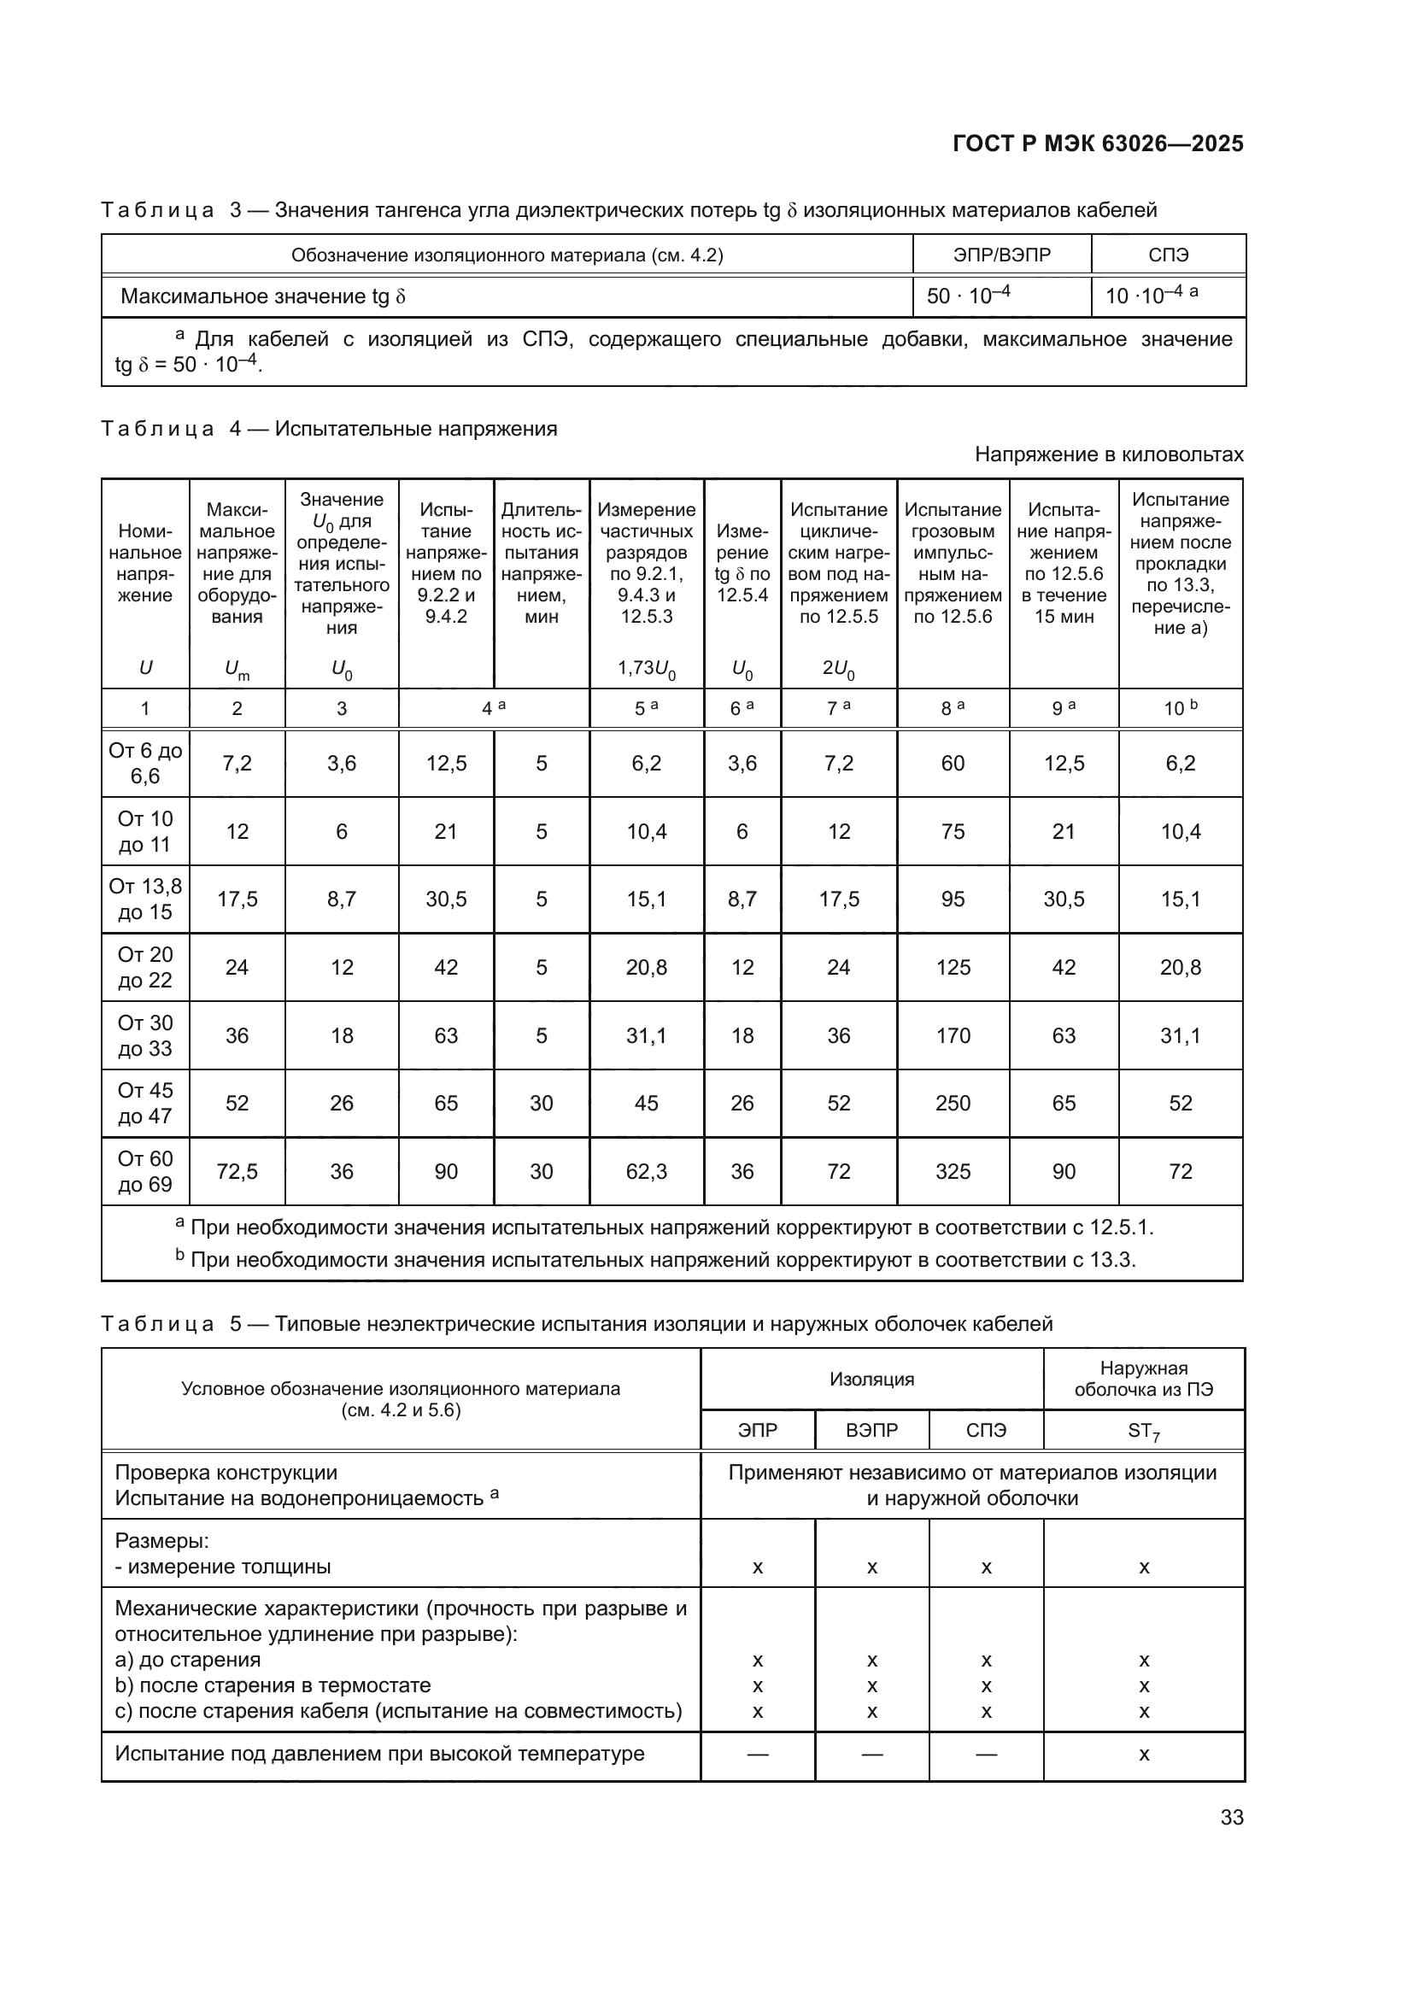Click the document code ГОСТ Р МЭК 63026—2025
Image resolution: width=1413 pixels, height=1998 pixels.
click(1098, 144)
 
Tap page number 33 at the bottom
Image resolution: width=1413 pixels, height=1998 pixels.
click(1231, 1817)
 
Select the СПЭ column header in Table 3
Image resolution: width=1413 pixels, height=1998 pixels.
click(1168, 255)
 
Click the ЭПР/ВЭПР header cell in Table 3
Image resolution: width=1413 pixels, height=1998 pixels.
click(1001, 255)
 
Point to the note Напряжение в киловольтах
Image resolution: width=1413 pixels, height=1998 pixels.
click(1109, 454)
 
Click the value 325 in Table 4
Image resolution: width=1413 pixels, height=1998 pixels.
click(953, 1171)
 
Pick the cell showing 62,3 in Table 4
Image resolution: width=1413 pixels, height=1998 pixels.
click(647, 1171)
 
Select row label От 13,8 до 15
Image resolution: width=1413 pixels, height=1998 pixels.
click(145, 899)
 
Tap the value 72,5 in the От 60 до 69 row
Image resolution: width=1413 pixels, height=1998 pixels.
click(237, 1171)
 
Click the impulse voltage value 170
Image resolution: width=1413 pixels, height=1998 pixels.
click(953, 1035)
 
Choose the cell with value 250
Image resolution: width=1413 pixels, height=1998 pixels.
click(953, 1104)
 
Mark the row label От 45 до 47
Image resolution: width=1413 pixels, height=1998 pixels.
click(145, 1104)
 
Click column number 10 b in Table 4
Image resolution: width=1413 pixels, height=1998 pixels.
click(1180, 708)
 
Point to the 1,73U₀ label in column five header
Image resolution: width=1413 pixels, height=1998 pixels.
click(647, 668)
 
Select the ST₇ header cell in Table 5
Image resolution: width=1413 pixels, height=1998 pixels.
click(1143, 1431)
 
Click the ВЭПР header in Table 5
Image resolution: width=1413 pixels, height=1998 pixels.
click(872, 1430)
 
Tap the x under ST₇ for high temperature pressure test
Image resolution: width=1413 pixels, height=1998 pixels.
click(1143, 1755)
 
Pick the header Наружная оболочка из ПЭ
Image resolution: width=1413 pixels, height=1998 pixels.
click(1143, 1380)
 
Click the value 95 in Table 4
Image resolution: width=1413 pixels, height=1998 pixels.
click(953, 899)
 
